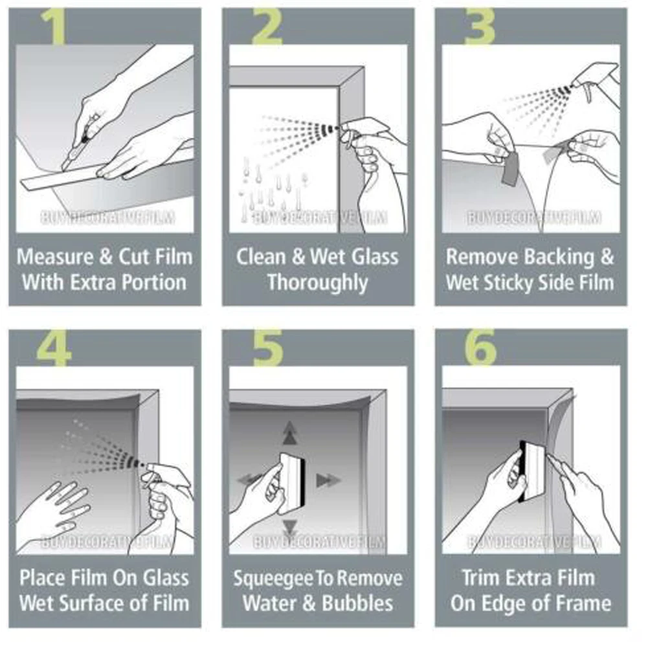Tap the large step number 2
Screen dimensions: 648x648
pos(267,26)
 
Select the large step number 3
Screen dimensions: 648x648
pos(480,26)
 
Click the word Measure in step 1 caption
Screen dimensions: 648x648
pos(56,257)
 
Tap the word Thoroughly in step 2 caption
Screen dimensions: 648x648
pos(317,284)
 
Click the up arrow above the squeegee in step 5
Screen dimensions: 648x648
pos(290,433)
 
